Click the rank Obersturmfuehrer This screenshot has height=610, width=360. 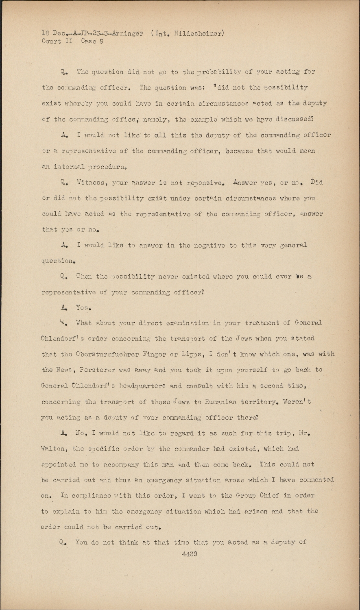click(x=107, y=354)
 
